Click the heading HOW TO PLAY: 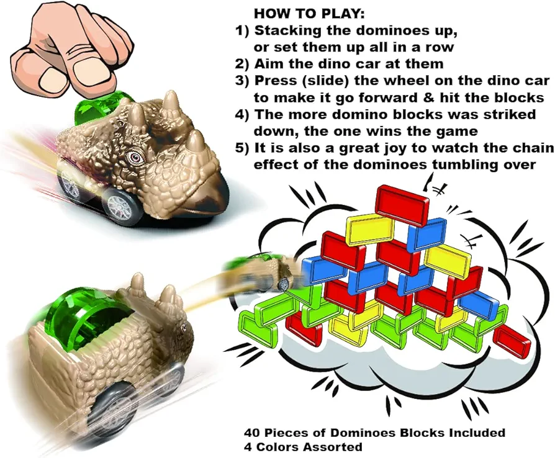pyautogui.click(x=309, y=14)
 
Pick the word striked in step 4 pyautogui.click(x=509, y=114)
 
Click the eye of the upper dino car pyautogui.click(x=135, y=156)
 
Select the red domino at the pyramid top pyautogui.click(x=402, y=205)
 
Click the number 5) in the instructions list pyautogui.click(x=243, y=148)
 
